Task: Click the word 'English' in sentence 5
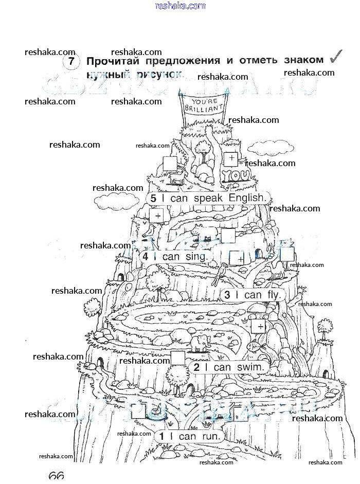pyautogui.click(x=248, y=198)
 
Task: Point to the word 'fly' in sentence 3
pyautogui.click(x=273, y=295)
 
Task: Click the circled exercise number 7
pyautogui.click(x=71, y=62)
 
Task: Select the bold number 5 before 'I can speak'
pyautogui.click(x=153, y=198)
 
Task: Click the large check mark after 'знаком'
pyautogui.click(x=337, y=57)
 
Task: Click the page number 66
pyautogui.click(x=56, y=476)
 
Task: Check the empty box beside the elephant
pyautogui.click(x=178, y=357)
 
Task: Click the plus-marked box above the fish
pyautogui.click(x=258, y=326)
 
